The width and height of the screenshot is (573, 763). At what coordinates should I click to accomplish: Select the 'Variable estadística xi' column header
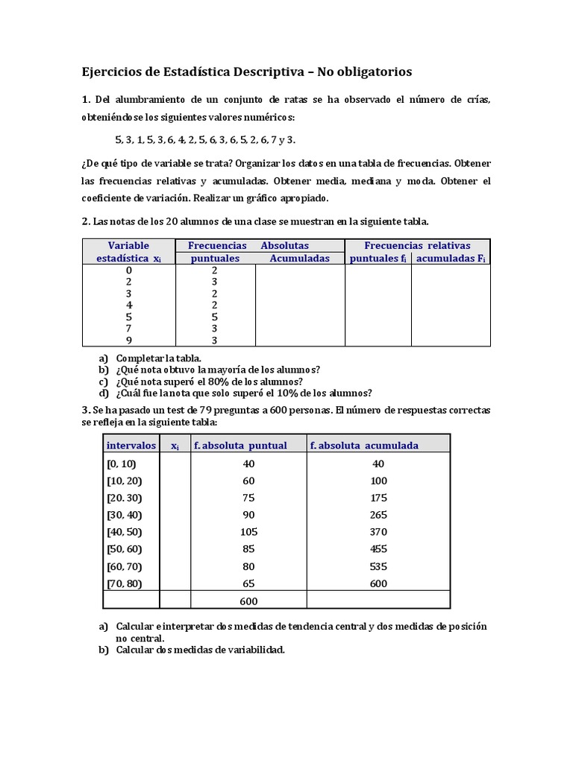click(x=128, y=252)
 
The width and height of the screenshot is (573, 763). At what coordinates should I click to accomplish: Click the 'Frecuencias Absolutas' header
click(x=248, y=245)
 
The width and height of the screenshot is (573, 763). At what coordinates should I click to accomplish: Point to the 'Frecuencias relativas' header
click(x=417, y=245)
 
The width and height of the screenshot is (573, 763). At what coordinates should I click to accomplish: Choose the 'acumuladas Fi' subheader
click(x=451, y=259)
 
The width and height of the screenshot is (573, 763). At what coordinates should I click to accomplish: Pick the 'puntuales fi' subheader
click(x=378, y=259)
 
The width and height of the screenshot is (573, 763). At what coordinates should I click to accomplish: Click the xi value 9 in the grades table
click(x=128, y=341)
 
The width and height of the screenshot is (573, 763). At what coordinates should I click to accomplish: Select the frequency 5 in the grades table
click(x=215, y=317)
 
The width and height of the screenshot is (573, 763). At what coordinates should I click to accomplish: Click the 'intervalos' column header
click(x=131, y=446)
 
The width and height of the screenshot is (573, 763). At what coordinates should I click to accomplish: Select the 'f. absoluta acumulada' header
click(x=363, y=446)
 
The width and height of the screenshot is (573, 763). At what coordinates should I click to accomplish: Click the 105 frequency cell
click(x=249, y=532)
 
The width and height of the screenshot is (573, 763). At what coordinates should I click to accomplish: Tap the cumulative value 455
click(x=378, y=549)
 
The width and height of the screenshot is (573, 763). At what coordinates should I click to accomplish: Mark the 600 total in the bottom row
click(x=249, y=601)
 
